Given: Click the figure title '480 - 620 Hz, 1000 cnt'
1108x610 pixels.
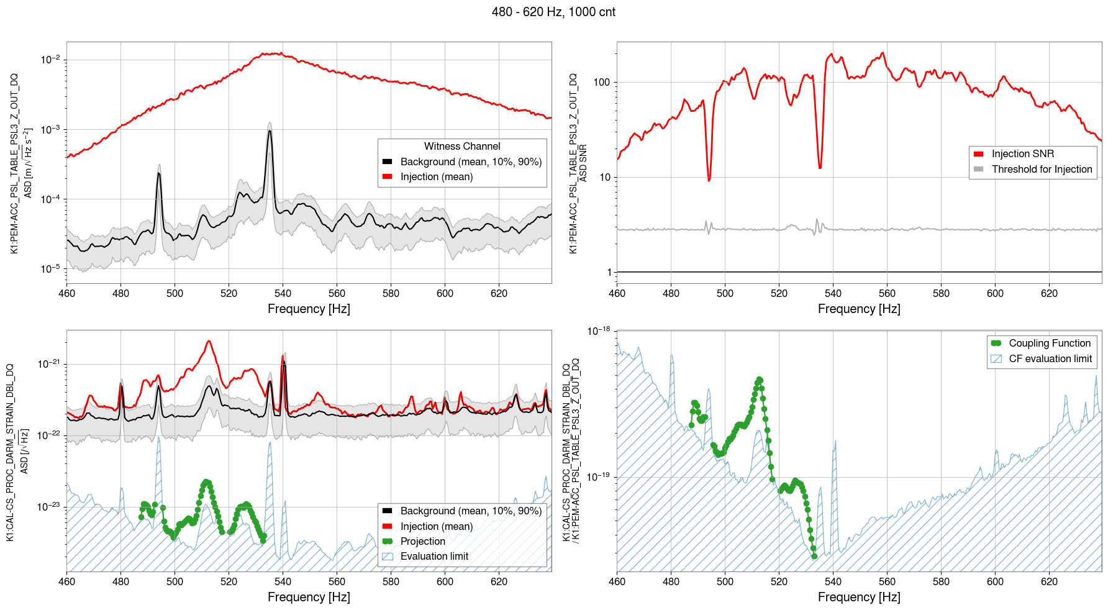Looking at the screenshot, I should (x=553, y=12).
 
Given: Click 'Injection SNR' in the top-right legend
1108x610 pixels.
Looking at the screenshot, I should (x=1022, y=154).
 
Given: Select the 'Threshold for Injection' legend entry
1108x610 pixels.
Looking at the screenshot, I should (x=1042, y=169).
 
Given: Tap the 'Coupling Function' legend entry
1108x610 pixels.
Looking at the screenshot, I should (x=1049, y=344).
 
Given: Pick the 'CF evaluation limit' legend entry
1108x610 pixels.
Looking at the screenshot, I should (x=1050, y=359).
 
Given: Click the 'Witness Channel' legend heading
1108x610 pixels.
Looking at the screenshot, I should (x=462, y=147).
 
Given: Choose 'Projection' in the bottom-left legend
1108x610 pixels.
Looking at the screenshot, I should (x=422, y=542).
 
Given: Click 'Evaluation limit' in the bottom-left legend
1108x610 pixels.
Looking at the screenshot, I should (x=434, y=557).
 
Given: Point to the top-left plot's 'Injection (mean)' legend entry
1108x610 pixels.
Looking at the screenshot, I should (x=436, y=177).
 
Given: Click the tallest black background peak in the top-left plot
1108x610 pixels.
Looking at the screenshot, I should (x=270, y=131).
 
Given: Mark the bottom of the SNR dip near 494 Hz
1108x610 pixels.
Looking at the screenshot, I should (x=709, y=180).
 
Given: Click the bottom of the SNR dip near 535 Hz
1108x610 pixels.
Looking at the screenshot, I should (x=820, y=168).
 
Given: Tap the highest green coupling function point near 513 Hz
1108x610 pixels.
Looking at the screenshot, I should (x=759, y=380).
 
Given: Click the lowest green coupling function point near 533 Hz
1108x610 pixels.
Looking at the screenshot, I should (x=814, y=557).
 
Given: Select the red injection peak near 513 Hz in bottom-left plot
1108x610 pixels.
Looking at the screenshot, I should (x=209, y=341).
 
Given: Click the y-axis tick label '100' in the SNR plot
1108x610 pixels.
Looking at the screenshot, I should (x=602, y=83).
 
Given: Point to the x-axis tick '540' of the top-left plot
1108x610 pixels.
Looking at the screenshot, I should (x=283, y=294).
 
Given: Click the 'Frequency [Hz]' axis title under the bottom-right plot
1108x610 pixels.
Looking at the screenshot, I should (x=859, y=597).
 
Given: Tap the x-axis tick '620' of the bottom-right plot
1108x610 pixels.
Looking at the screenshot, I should (x=1049, y=582).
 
